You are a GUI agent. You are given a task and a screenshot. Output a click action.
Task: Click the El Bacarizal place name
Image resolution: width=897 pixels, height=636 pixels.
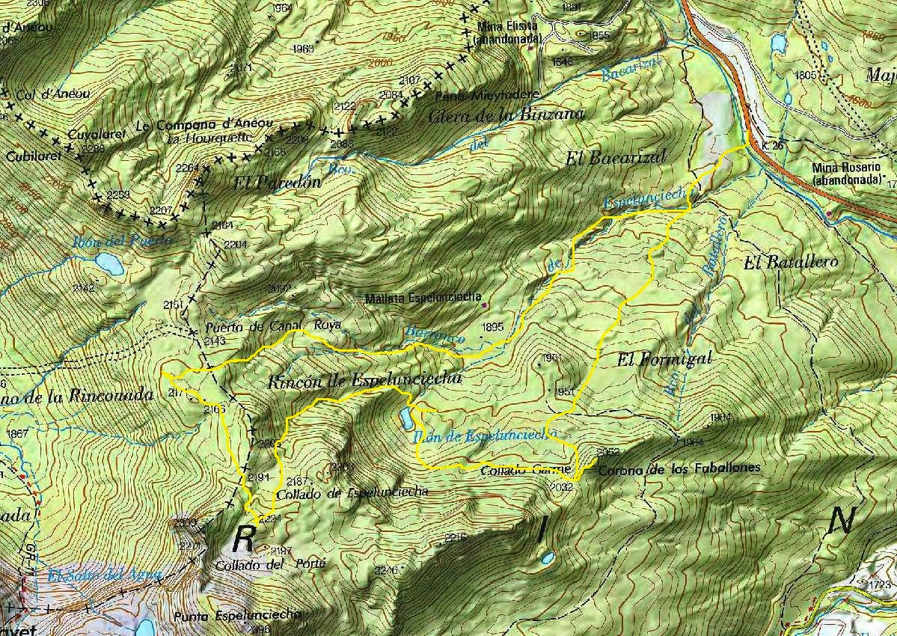pyautogui.click(x=616, y=157)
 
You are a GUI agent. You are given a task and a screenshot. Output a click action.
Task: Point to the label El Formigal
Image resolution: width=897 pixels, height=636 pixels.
pyautogui.click(x=664, y=359)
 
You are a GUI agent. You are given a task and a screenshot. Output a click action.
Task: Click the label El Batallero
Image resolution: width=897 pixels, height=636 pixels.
pyautogui.click(x=791, y=262)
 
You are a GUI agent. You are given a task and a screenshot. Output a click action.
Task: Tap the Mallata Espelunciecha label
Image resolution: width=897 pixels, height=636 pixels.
pyautogui.click(x=423, y=298)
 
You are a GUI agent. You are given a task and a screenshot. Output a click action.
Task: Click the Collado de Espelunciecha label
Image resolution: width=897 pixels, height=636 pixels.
pyautogui.click(x=352, y=492)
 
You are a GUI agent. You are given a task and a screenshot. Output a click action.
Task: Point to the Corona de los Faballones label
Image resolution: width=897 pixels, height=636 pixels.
pyautogui.click(x=679, y=468)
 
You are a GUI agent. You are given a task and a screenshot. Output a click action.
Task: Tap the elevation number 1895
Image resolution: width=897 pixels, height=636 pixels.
pyautogui.click(x=494, y=327)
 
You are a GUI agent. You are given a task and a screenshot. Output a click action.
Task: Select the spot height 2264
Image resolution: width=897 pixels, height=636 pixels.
pyautogui.click(x=187, y=168)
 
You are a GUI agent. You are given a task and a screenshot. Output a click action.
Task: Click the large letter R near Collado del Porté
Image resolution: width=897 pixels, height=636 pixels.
pyautogui.click(x=245, y=537)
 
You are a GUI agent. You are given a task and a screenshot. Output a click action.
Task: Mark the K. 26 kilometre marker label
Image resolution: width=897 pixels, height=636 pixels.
pyautogui.click(x=774, y=145)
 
